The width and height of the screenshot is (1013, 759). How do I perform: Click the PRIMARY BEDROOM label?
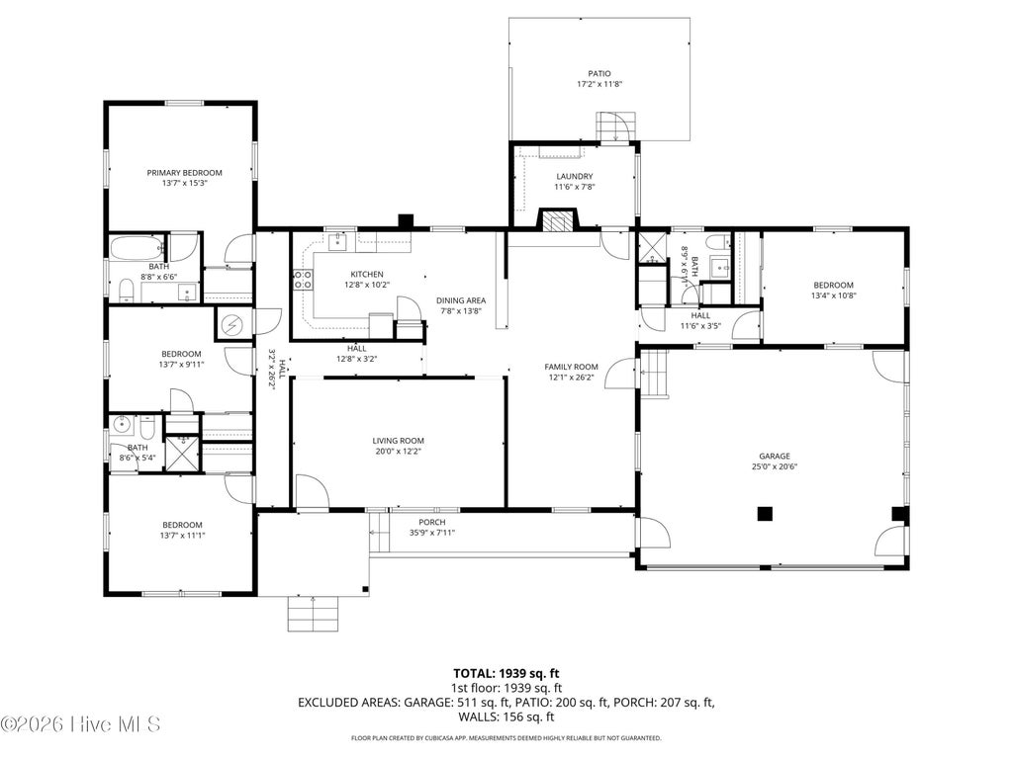coord(184,173)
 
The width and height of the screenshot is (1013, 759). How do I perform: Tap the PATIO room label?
coord(599,73)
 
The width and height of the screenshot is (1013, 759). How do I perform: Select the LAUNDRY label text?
coord(575,176)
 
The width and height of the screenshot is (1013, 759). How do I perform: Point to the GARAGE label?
coord(774,456)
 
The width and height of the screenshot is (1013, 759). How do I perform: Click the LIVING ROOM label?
coord(398,441)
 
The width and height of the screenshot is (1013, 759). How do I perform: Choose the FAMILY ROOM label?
coord(571,368)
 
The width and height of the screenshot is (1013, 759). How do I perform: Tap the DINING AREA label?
coord(461,300)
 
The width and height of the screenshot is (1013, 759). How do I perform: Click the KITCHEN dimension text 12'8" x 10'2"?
coord(367,285)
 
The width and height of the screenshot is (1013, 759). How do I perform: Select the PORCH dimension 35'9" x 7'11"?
coord(432,533)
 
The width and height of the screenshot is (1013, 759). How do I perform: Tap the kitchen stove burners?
coord(303,280)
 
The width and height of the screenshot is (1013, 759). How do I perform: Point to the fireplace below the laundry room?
coord(558,220)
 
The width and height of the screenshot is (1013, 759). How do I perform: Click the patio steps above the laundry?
coord(615,126)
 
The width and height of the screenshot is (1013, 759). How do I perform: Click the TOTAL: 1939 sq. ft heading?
coord(506,674)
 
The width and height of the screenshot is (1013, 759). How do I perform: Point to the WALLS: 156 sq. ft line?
coord(506,717)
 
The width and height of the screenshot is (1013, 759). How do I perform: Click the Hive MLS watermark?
coord(81,724)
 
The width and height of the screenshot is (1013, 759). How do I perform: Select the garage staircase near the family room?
coord(654,374)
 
